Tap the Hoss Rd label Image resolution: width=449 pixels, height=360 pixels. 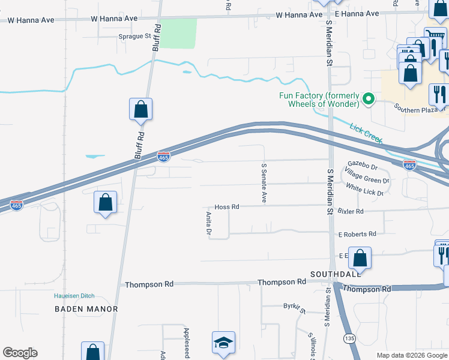point(227,207)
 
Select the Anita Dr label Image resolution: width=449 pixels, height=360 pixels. point(209,223)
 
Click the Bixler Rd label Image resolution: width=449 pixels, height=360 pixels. point(351,212)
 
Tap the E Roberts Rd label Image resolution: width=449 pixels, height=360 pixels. point(357,234)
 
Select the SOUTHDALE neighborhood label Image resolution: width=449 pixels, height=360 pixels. point(335,274)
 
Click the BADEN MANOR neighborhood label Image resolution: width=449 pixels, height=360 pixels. point(86,309)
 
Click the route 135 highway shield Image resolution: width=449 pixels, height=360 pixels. point(349,338)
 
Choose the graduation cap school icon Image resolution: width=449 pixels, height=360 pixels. point(223,343)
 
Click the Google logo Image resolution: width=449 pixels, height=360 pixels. point(20,353)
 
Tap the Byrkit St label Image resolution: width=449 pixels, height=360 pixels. point(295,308)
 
